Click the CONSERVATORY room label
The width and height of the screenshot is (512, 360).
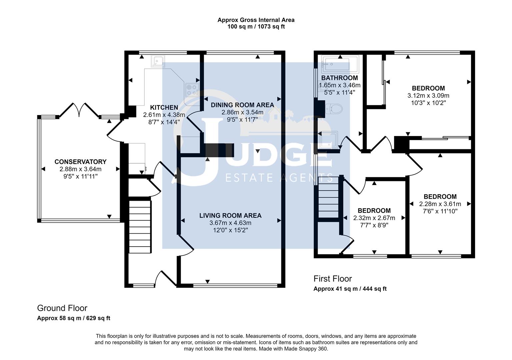[80, 162]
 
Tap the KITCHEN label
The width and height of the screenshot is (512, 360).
[164, 107]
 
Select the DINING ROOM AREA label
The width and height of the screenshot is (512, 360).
[242, 105]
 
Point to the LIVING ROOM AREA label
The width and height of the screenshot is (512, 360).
[230, 216]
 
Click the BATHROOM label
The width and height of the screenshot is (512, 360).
[339, 78]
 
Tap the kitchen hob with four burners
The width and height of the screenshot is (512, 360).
[192, 90]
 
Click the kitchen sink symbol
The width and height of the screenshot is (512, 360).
[158, 61]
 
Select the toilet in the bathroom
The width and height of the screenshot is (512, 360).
[333, 109]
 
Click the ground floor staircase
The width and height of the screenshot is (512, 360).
[140, 227]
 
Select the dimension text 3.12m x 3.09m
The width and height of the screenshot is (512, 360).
[428, 96]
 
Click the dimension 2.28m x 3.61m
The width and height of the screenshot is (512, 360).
[440, 204]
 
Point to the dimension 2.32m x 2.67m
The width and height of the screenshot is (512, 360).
[374, 218]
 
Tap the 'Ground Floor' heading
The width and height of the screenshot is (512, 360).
[62, 308]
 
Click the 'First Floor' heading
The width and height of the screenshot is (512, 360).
[333, 279]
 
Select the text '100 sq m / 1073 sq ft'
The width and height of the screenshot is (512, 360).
[256, 27]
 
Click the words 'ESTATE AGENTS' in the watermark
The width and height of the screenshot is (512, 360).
[279, 178]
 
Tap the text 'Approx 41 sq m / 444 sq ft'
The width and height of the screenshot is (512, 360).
[350, 289]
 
